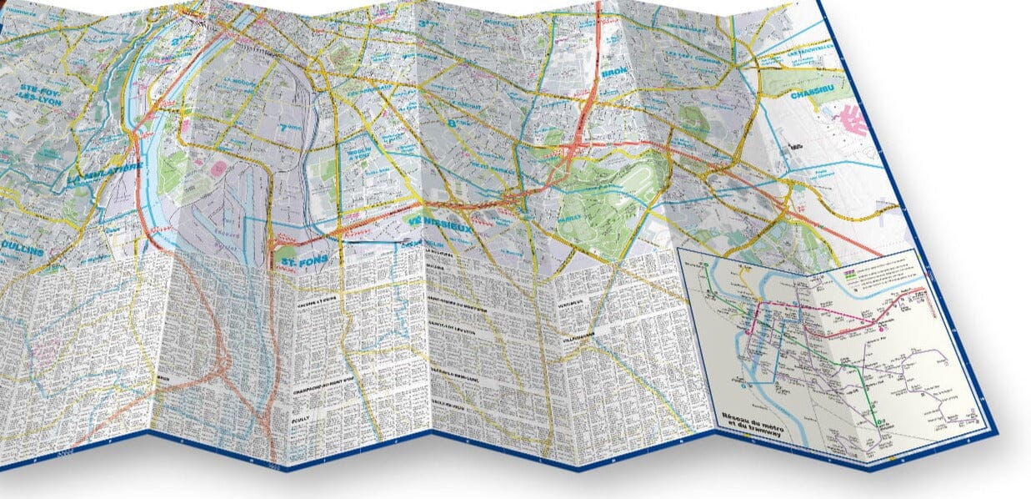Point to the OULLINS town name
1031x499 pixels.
pos(22,248)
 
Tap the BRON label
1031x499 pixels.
pos(613,73)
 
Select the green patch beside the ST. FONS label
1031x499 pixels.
pos(286,252)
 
